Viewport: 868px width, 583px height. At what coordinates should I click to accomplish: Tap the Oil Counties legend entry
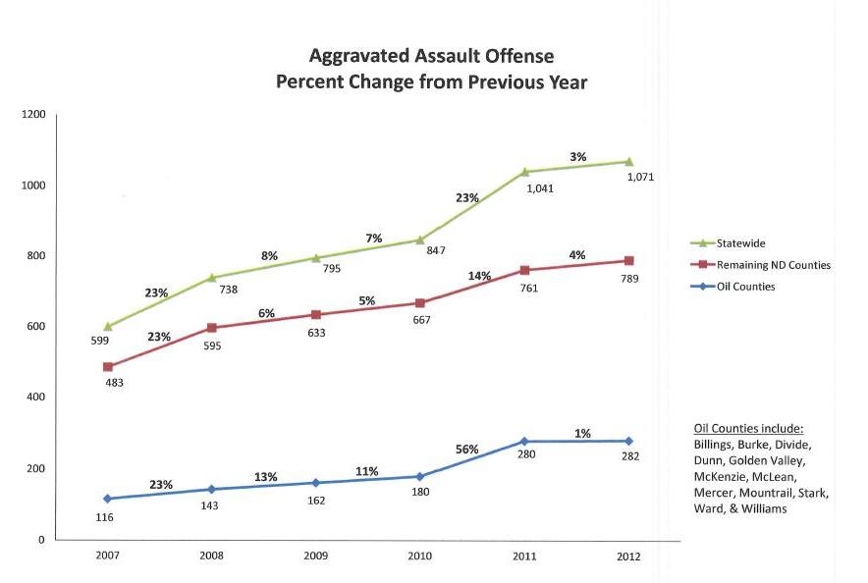click(745, 287)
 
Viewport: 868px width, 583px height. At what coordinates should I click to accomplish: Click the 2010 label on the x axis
click(419, 556)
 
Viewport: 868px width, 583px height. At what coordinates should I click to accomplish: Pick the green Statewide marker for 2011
click(524, 172)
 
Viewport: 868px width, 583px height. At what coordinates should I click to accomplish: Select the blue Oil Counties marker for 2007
click(107, 499)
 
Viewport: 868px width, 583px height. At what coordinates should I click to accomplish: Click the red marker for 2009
click(314, 314)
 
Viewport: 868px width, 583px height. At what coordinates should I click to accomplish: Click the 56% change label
click(467, 450)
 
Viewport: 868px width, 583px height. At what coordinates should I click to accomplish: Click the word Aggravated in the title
click(361, 57)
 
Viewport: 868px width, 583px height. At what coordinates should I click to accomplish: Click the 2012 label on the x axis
click(628, 556)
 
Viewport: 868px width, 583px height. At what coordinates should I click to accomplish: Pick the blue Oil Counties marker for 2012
click(628, 441)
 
